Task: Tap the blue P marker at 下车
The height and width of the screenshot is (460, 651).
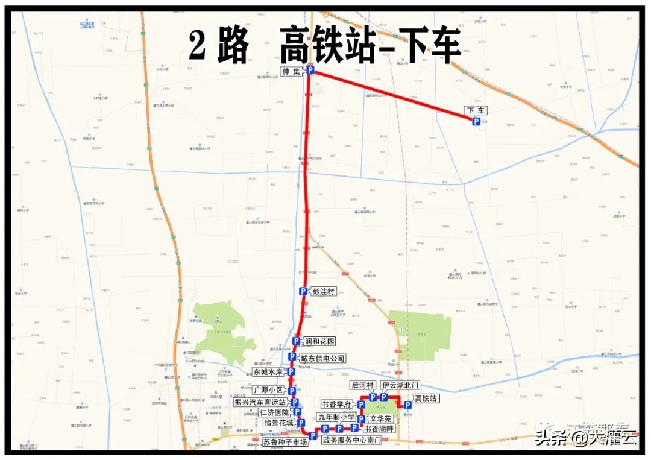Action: [x=476, y=122]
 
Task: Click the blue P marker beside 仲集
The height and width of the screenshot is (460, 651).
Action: [x=310, y=71]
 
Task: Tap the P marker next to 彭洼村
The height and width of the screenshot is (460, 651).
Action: [x=303, y=291]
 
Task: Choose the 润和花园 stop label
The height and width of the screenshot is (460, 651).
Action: [x=320, y=341]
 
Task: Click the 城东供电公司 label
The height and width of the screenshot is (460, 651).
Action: [x=323, y=358]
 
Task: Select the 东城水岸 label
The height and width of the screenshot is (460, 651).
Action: [x=268, y=372]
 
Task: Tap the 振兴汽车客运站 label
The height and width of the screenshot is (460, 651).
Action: [x=260, y=402]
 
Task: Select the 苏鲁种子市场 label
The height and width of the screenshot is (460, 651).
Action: [x=285, y=442]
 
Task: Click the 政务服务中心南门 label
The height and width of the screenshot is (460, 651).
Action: [x=351, y=441]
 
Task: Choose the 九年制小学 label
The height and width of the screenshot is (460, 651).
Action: [x=336, y=417]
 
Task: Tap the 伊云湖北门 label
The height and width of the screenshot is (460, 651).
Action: [x=400, y=385]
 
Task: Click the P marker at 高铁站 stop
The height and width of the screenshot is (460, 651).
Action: [x=407, y=405]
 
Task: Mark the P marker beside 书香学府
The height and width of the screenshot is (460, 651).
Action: [x=360, y=405]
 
